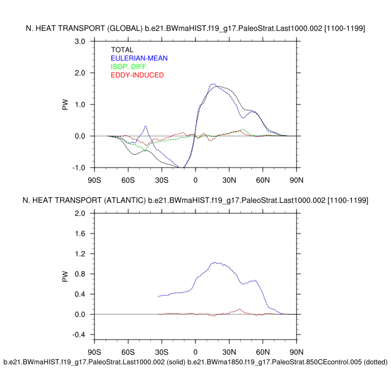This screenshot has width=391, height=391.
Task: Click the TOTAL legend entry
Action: click(122, 50)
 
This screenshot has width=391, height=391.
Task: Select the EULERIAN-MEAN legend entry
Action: click(139, 58)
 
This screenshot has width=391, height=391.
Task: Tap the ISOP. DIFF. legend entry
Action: click(133, 66)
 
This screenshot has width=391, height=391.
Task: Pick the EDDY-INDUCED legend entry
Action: click(137, 75)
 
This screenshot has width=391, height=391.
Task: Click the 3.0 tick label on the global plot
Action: click(80, 41)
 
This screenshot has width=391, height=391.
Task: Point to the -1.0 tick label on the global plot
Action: click(79, 168)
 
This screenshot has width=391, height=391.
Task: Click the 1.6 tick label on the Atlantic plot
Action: click(80, 233)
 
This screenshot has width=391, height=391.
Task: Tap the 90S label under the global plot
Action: click(94, 180)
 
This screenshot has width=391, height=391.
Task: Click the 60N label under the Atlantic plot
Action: click(263, 352)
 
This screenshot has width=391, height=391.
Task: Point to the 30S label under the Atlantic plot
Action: click(161, 352)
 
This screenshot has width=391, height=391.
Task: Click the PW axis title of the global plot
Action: click(65, 104)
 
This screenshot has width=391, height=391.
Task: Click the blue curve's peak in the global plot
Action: click(213, 84)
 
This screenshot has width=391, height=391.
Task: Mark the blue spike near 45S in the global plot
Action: click(145, 126)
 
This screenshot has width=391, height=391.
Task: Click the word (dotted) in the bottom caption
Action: click(375, 362)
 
